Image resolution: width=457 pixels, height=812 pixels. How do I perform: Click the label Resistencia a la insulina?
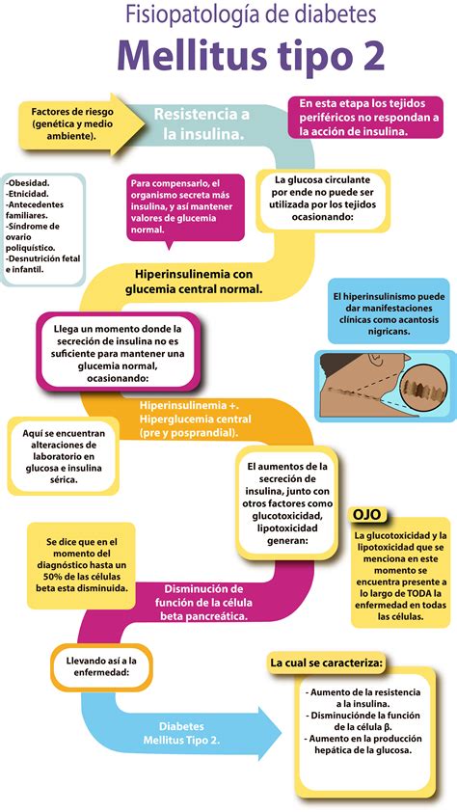(x=202, y=123)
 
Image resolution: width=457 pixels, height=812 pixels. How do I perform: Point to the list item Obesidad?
(x=29, y=181)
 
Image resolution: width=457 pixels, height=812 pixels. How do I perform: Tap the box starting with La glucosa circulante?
(x=322, y=199)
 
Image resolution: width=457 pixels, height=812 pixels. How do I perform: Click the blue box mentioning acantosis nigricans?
(x=388, y=311)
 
